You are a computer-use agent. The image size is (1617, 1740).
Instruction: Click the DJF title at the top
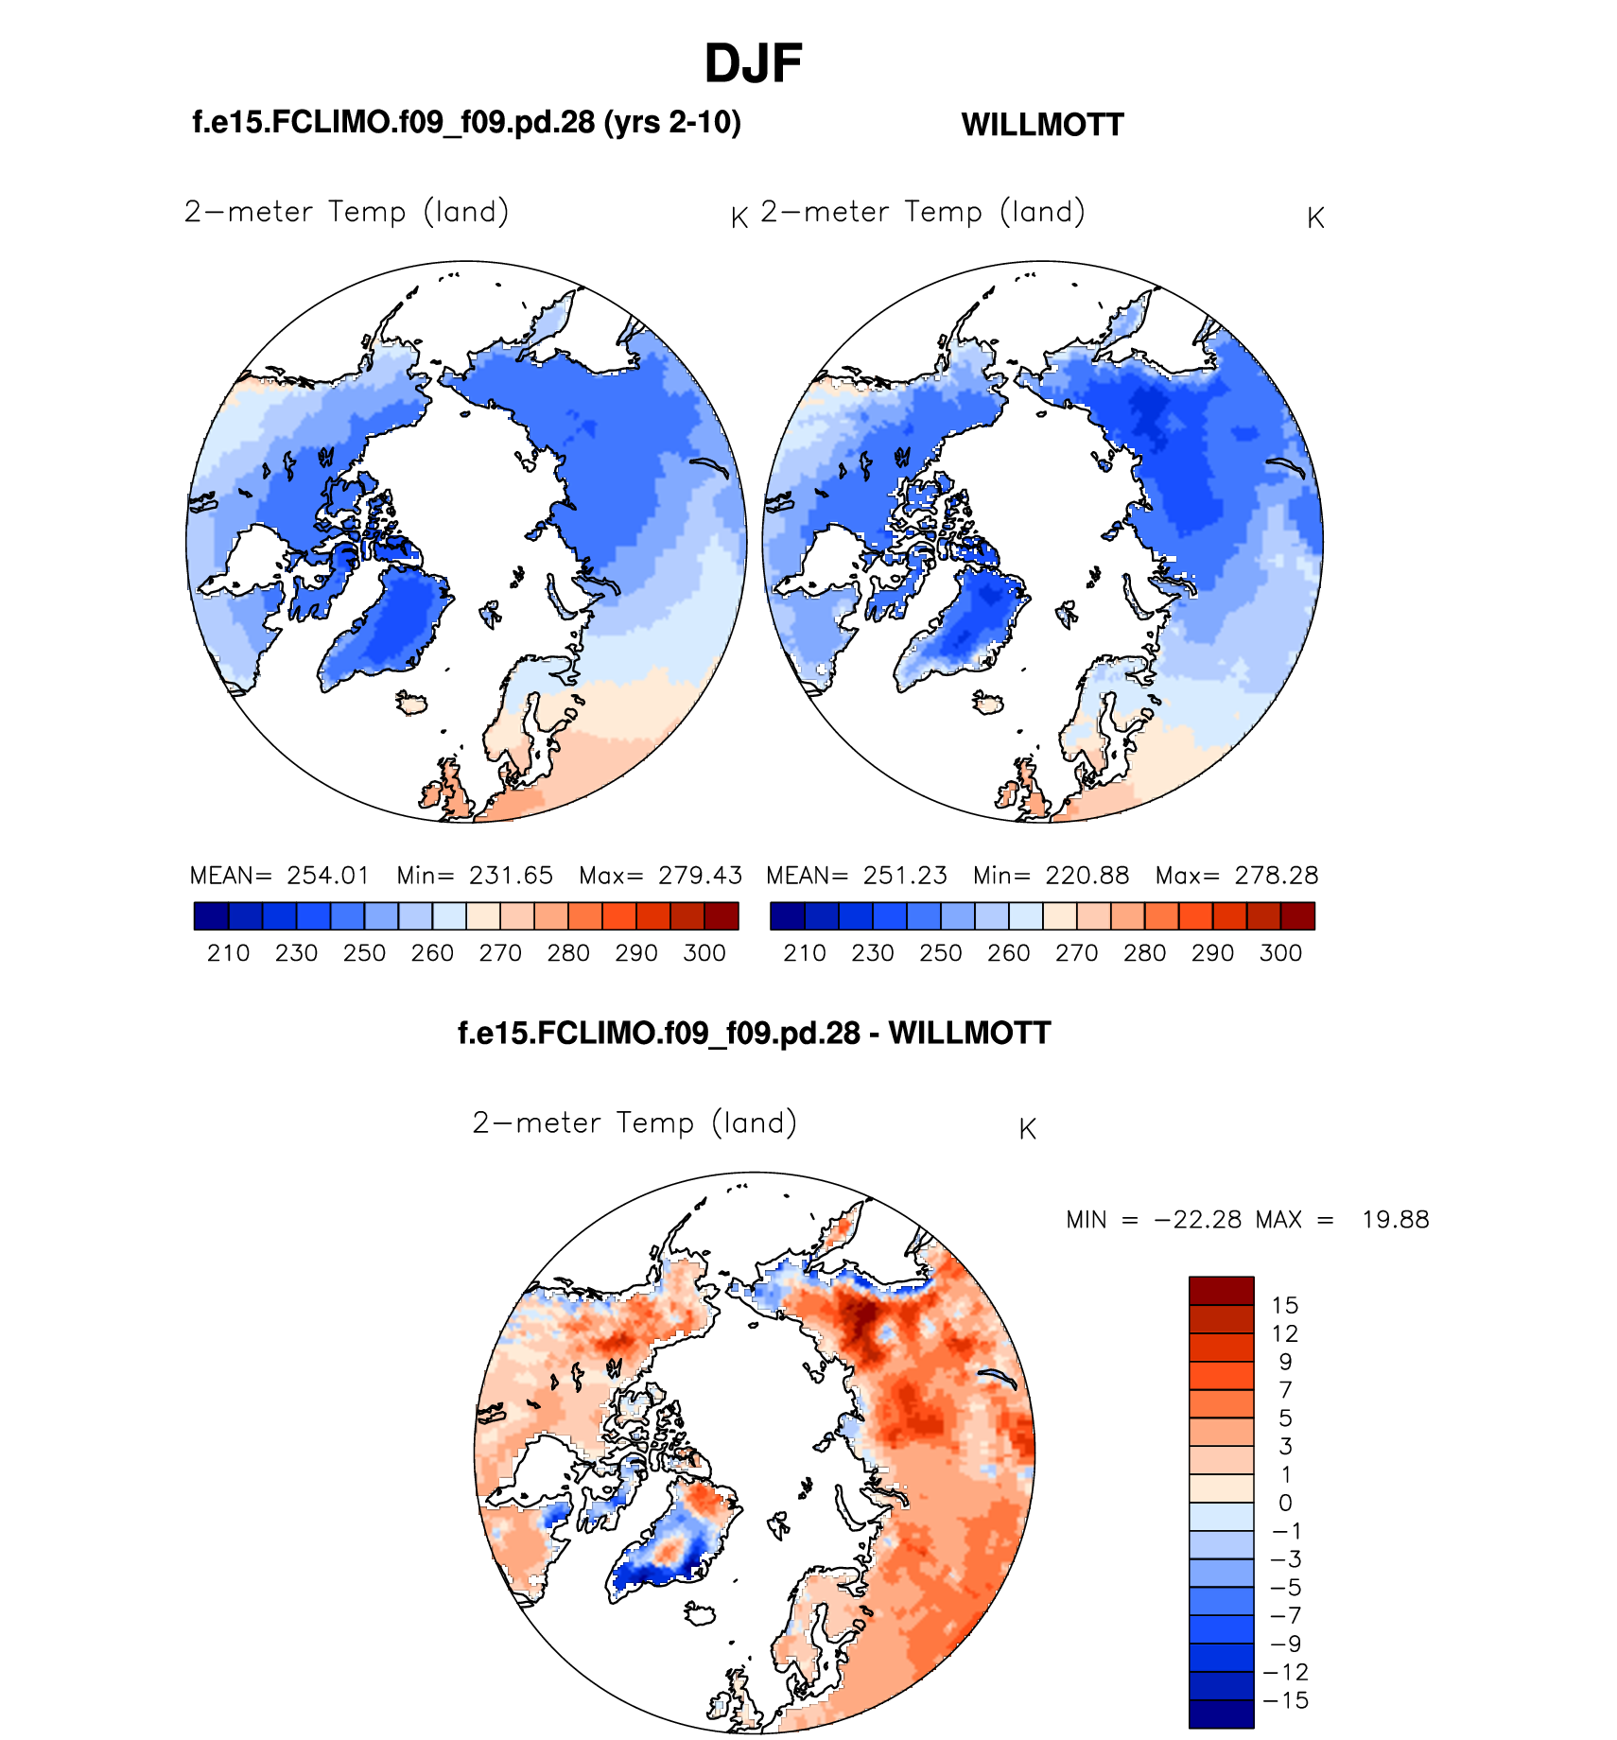(753, 64)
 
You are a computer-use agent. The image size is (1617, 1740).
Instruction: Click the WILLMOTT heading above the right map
(1042, 125)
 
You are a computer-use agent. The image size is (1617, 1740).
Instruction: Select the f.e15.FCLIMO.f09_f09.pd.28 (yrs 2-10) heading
(466, 122)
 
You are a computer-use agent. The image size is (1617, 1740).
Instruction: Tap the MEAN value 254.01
(328, 876)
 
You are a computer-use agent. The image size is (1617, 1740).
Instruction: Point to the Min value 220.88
(1087, 876)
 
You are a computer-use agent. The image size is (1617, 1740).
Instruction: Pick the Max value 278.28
(1277, 876)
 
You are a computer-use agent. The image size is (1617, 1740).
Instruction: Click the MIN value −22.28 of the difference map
(1198, 1220)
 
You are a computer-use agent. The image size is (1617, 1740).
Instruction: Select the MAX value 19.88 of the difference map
(1395, 1220)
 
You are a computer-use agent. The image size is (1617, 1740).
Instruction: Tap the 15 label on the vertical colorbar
(1285, 1306)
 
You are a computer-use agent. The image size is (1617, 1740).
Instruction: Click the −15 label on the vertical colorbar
(1286, 1700)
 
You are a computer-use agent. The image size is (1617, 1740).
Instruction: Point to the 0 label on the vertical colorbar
(1285, 1503)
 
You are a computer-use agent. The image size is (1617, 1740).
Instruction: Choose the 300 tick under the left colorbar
(704, 953)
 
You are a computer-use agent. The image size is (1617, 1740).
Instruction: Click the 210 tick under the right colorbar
(805, 953)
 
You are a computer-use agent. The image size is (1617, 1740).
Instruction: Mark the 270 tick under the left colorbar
(500, 953)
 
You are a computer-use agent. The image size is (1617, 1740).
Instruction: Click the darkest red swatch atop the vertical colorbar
(1221, 1291)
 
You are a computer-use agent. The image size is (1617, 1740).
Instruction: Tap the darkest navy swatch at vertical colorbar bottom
(1221, 1714)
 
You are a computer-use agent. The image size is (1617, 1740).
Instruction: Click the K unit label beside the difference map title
(1028, 1129)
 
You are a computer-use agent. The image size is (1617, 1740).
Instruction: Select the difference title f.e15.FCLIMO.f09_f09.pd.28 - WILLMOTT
(754, 1033)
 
